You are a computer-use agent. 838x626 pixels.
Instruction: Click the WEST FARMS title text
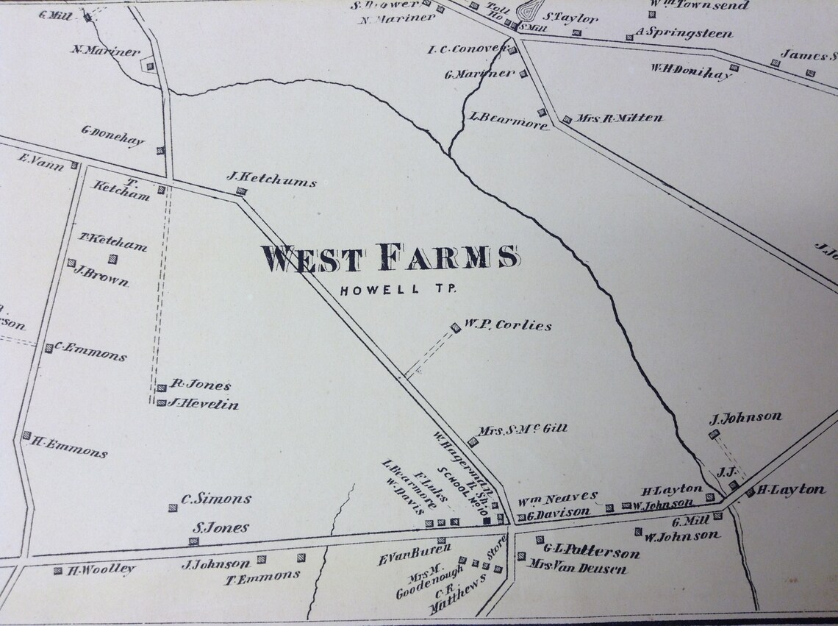pyautogui.click(x=390, y=258)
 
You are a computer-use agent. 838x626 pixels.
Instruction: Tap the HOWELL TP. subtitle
pyautogui.click(x=398, y=289)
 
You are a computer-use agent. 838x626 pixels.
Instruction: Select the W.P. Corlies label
pyautogui.click(x=506, y=324)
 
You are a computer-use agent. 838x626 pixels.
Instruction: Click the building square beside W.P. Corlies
pyautogui.click(x=456, y=327)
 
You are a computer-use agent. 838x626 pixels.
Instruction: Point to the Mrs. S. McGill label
pyautogui.click(x=523, y=429)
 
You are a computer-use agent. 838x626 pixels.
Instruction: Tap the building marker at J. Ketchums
pyautogui.click(x=240, y=192)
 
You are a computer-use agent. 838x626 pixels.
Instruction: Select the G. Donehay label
pyautogui.click(x=113, y=137)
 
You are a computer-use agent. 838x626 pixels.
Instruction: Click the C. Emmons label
pyautogui.click(x=90, y=352)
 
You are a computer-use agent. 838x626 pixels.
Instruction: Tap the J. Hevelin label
pyautogui.click(x=203, y=404)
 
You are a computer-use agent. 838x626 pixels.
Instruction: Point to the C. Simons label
pyautogui.click(x=216, y=499)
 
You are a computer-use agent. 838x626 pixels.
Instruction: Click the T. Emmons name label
pyautogui.click(x=262, y=577)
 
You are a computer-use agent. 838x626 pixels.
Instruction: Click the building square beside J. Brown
pyautogui.click(x=72, y=263)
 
